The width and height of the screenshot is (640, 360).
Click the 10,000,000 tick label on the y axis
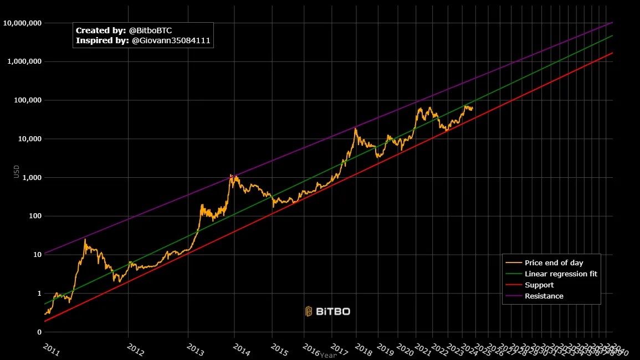point(23,23)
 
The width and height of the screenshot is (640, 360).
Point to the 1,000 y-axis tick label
point(32,177)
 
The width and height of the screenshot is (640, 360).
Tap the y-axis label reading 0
point(39,332)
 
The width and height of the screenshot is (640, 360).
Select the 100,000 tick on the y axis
point(27,100)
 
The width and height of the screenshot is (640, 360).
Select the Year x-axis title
point(328,355)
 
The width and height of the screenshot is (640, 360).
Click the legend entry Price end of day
point(554,263)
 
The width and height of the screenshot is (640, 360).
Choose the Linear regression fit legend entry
point(561,274)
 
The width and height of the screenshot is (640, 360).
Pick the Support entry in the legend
point(539,285)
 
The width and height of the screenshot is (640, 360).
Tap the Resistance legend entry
point(544,296)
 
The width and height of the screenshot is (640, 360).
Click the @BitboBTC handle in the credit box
point(151,30)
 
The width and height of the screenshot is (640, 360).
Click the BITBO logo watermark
point(327,311)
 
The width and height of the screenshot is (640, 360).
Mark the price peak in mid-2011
point(85,239)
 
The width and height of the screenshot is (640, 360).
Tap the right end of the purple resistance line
point(612,23)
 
